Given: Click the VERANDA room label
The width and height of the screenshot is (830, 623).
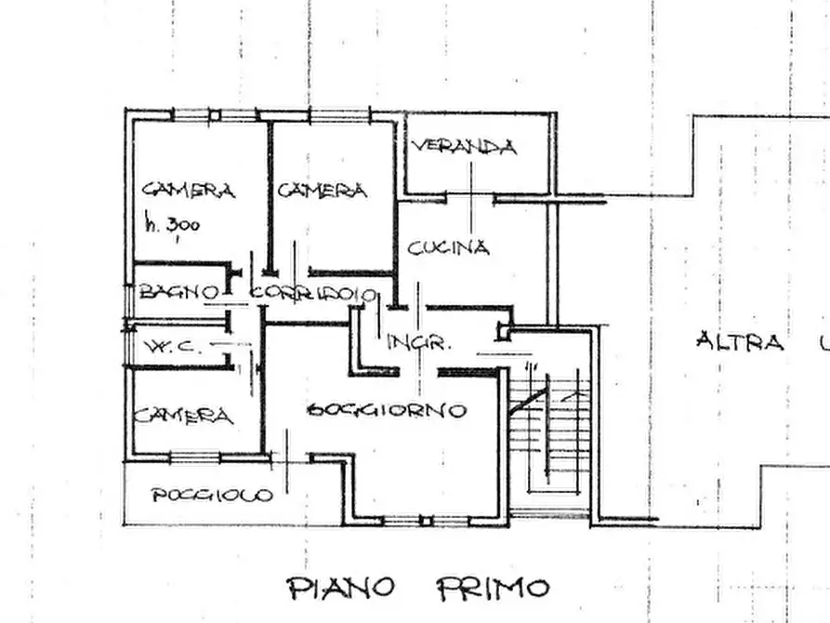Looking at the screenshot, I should [464, 146].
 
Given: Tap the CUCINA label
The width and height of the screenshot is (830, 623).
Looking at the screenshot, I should [449, 247].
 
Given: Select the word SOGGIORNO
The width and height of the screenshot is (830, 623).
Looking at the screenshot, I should [387, 409].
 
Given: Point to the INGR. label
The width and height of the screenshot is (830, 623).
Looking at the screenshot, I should [419, 342].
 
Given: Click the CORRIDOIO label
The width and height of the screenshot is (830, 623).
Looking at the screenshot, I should [314, 294].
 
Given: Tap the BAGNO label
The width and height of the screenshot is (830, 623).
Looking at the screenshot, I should [179, 292].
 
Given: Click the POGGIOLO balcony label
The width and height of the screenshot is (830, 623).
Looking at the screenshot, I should [213, 495].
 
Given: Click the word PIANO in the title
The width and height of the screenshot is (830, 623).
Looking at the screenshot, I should [341, 588].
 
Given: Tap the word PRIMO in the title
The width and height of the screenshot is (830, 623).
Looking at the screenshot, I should [493, 588].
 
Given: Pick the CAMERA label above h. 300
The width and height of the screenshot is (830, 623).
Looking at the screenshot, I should [188, 191].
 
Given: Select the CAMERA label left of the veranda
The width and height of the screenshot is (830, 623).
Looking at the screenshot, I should [323, 191].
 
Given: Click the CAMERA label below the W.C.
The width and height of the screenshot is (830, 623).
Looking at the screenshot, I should [183, 416].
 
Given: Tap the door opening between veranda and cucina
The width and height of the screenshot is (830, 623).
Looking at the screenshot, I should [471, 196].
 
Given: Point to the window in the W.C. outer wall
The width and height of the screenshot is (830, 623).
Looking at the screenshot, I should [128, 346].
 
